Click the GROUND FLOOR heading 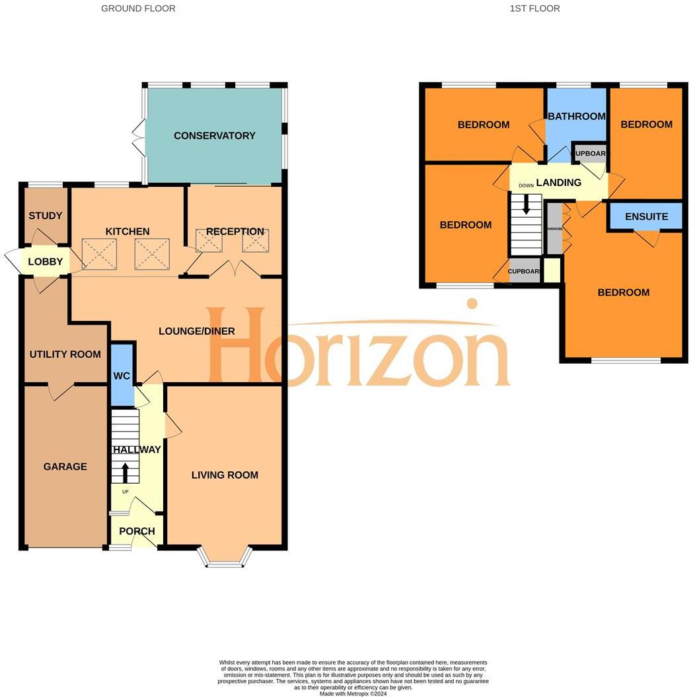point(138,9)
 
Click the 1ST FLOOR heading point(534,9)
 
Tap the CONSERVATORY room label point(214,136)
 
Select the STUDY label point(46,216)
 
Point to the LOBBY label point(46,262)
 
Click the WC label point(122,376)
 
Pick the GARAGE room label point(65,467)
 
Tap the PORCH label point(137,531)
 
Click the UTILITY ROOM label point(65,354)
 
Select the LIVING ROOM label point(225,475)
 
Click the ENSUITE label point(646,216)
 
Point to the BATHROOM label point(576,116)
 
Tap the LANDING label point(558,183)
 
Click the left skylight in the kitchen point(99,254)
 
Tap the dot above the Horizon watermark point(472,304)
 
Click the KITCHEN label point(128,232)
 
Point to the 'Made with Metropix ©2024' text point(353,694)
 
